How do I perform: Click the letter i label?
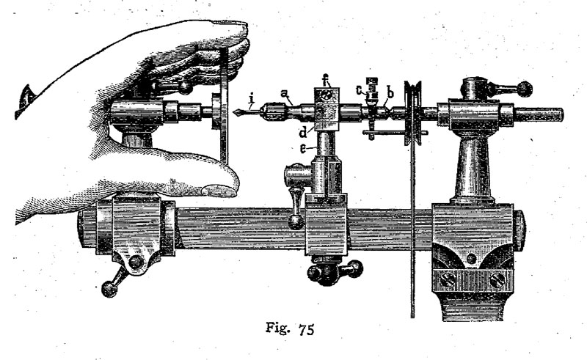pyautogui.click(x=252, y=99)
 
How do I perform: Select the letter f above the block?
pyautogui.click(x=326, y=80)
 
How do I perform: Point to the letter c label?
pyautogui.click(x=360, y=89)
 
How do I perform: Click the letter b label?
pyautogui.click(x=390, y=92)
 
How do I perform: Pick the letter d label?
pyautogui.click(x=303, y=132)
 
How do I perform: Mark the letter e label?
pyautogui.click(x=302, y=149)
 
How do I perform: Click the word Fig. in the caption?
pyautogui.click(x=278, y=328)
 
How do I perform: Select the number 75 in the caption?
pyautogui.click(x=307, y=329)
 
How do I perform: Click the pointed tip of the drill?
pyautogui.click(x=233, y=112)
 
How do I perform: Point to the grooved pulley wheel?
pyautogui.click(x=412, y=113)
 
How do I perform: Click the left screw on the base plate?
pyautogui.click(x=448, y=280)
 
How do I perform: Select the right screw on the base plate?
pyautogui.click(x=497, y=280)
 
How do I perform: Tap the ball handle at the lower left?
pyautogui.click(x=109, y=290)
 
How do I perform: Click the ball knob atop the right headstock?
pyautogui.click(x=525, y=89)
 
